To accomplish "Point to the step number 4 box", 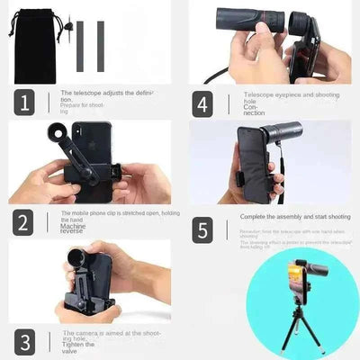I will pyautogui.click(x=203, y=103).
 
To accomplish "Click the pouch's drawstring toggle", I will pyautogui.click(x=67, y=26).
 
